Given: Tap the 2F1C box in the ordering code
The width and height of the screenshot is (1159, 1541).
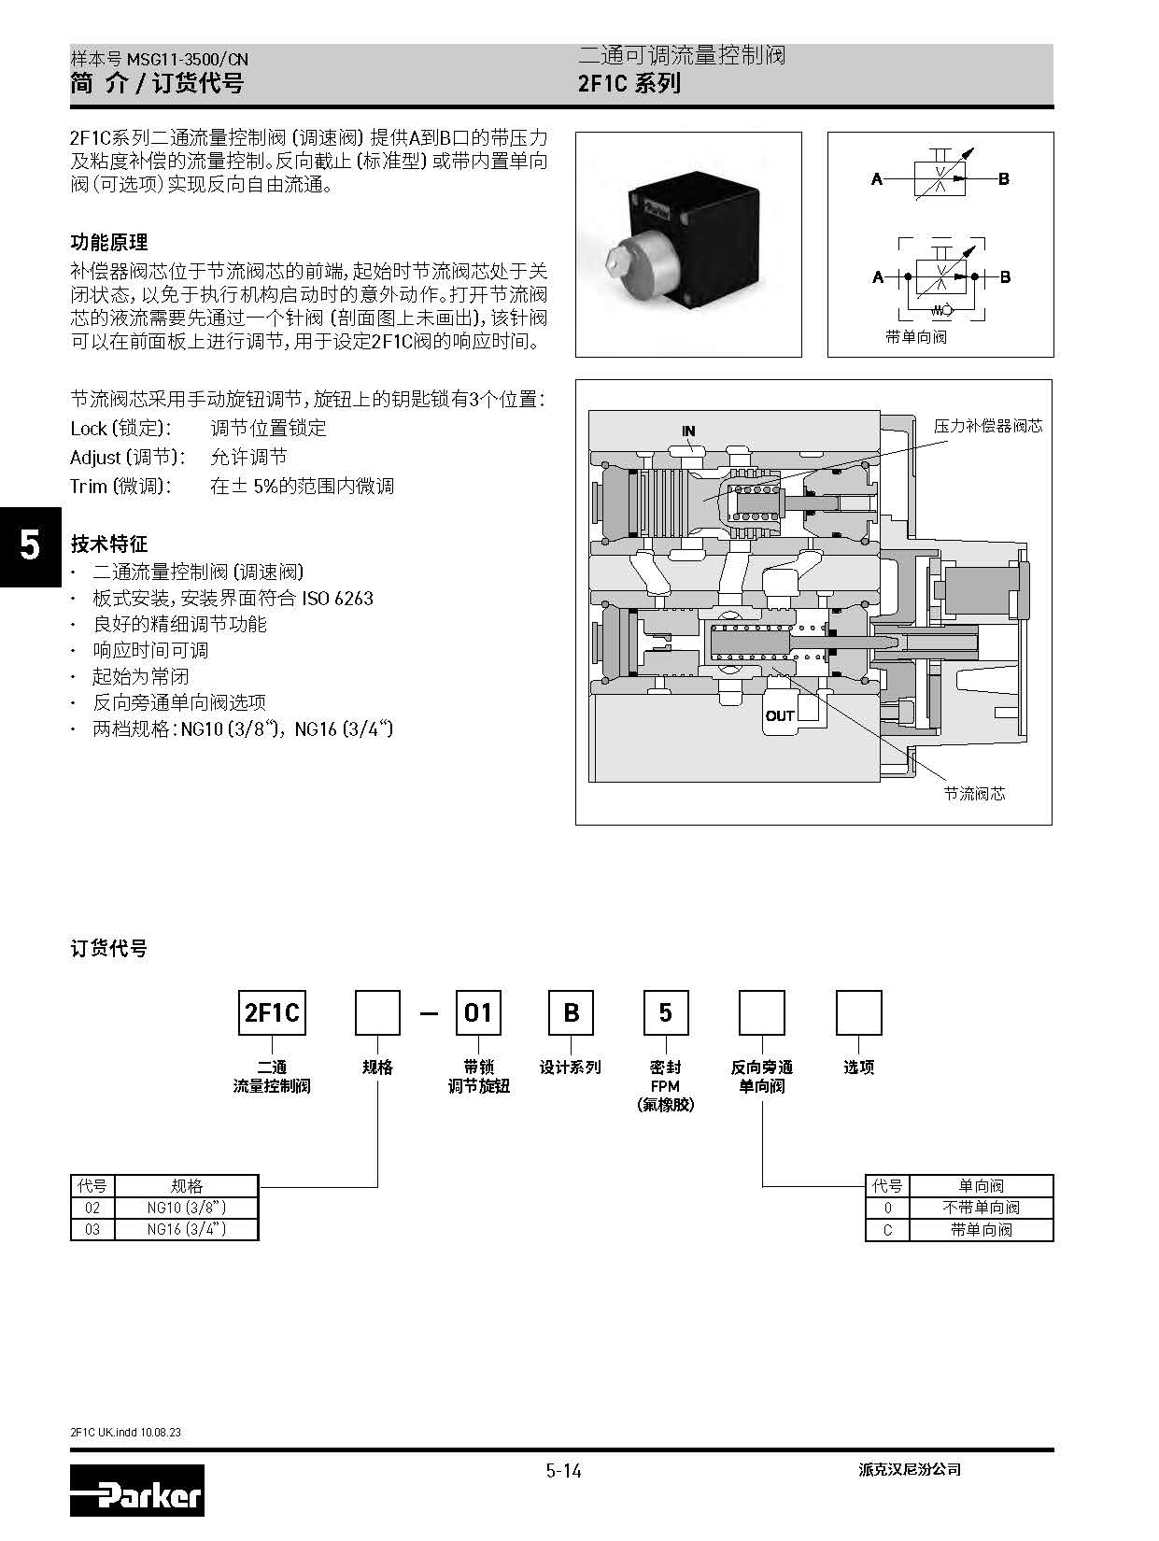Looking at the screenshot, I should (272, 1013).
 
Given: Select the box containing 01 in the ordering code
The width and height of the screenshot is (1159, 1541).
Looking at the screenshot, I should (477, 1013).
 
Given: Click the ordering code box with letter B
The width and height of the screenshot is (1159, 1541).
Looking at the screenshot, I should (571, 1013).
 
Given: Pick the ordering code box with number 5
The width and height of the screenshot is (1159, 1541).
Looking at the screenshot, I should (665, 1013).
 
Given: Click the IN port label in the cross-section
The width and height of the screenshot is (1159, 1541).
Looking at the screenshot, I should (688, 431).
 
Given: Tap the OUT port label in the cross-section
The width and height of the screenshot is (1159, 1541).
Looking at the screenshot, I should (780, 716).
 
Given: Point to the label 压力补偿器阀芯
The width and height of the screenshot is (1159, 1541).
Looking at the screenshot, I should (988, 426).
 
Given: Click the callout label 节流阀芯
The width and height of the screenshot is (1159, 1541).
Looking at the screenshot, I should (974, 794).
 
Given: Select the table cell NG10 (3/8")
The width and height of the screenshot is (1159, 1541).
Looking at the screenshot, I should (187, 1208).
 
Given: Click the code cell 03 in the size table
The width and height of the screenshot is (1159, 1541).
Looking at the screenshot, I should (92, 1230).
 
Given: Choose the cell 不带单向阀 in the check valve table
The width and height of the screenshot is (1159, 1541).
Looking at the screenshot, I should (981, 1208).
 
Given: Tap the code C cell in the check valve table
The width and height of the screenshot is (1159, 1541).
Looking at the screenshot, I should (887, 1230).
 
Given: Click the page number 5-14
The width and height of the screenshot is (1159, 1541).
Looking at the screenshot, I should (564, 1471).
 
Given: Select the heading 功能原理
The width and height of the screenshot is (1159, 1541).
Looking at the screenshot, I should (109, 243).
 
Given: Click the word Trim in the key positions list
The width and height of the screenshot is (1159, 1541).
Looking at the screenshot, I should (89, 487).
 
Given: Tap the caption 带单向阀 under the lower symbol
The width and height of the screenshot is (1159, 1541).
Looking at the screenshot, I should (916, 336).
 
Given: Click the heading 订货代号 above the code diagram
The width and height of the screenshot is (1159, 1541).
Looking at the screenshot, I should (109, 949).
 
